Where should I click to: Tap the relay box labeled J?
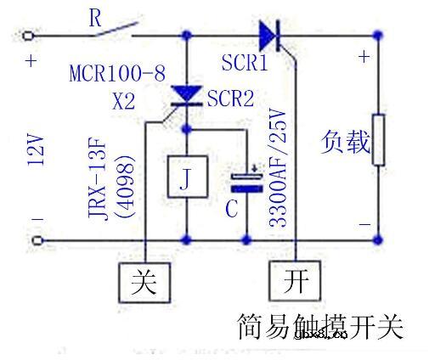(x=186, y=177)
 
